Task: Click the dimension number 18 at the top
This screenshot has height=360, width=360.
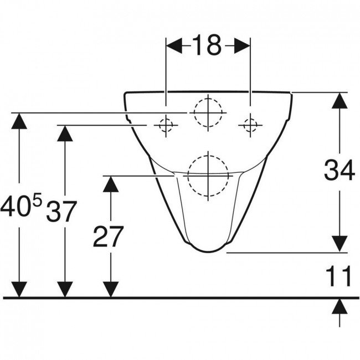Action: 207,45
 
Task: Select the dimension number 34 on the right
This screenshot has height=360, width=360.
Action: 340,170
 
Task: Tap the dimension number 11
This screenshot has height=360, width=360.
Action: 339,276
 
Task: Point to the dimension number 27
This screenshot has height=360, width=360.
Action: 109,236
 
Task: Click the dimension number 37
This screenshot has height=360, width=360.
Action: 61,212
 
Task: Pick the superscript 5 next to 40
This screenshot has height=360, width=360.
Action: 38,199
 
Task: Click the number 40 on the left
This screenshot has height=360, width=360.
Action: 16,206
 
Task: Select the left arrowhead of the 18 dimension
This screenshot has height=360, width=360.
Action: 174,46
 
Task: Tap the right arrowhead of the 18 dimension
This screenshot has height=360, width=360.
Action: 242,46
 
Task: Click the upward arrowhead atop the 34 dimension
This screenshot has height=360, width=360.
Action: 340,100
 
